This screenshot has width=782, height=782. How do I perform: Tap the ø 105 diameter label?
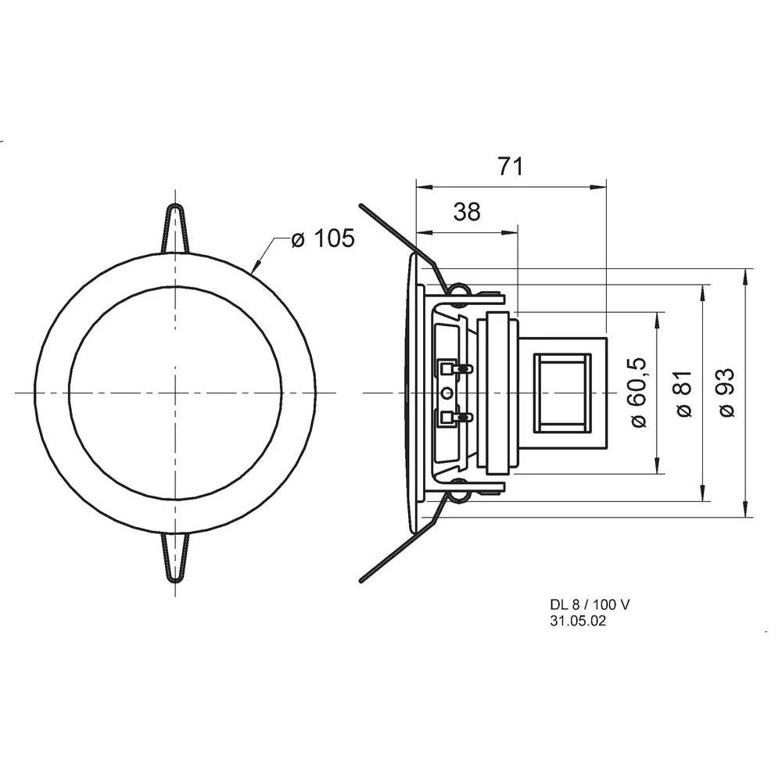(x=322, y=239)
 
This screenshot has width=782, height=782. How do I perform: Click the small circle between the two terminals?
(x=447, y=393)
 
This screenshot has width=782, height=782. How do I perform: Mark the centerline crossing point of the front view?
(x=175, y=392)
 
